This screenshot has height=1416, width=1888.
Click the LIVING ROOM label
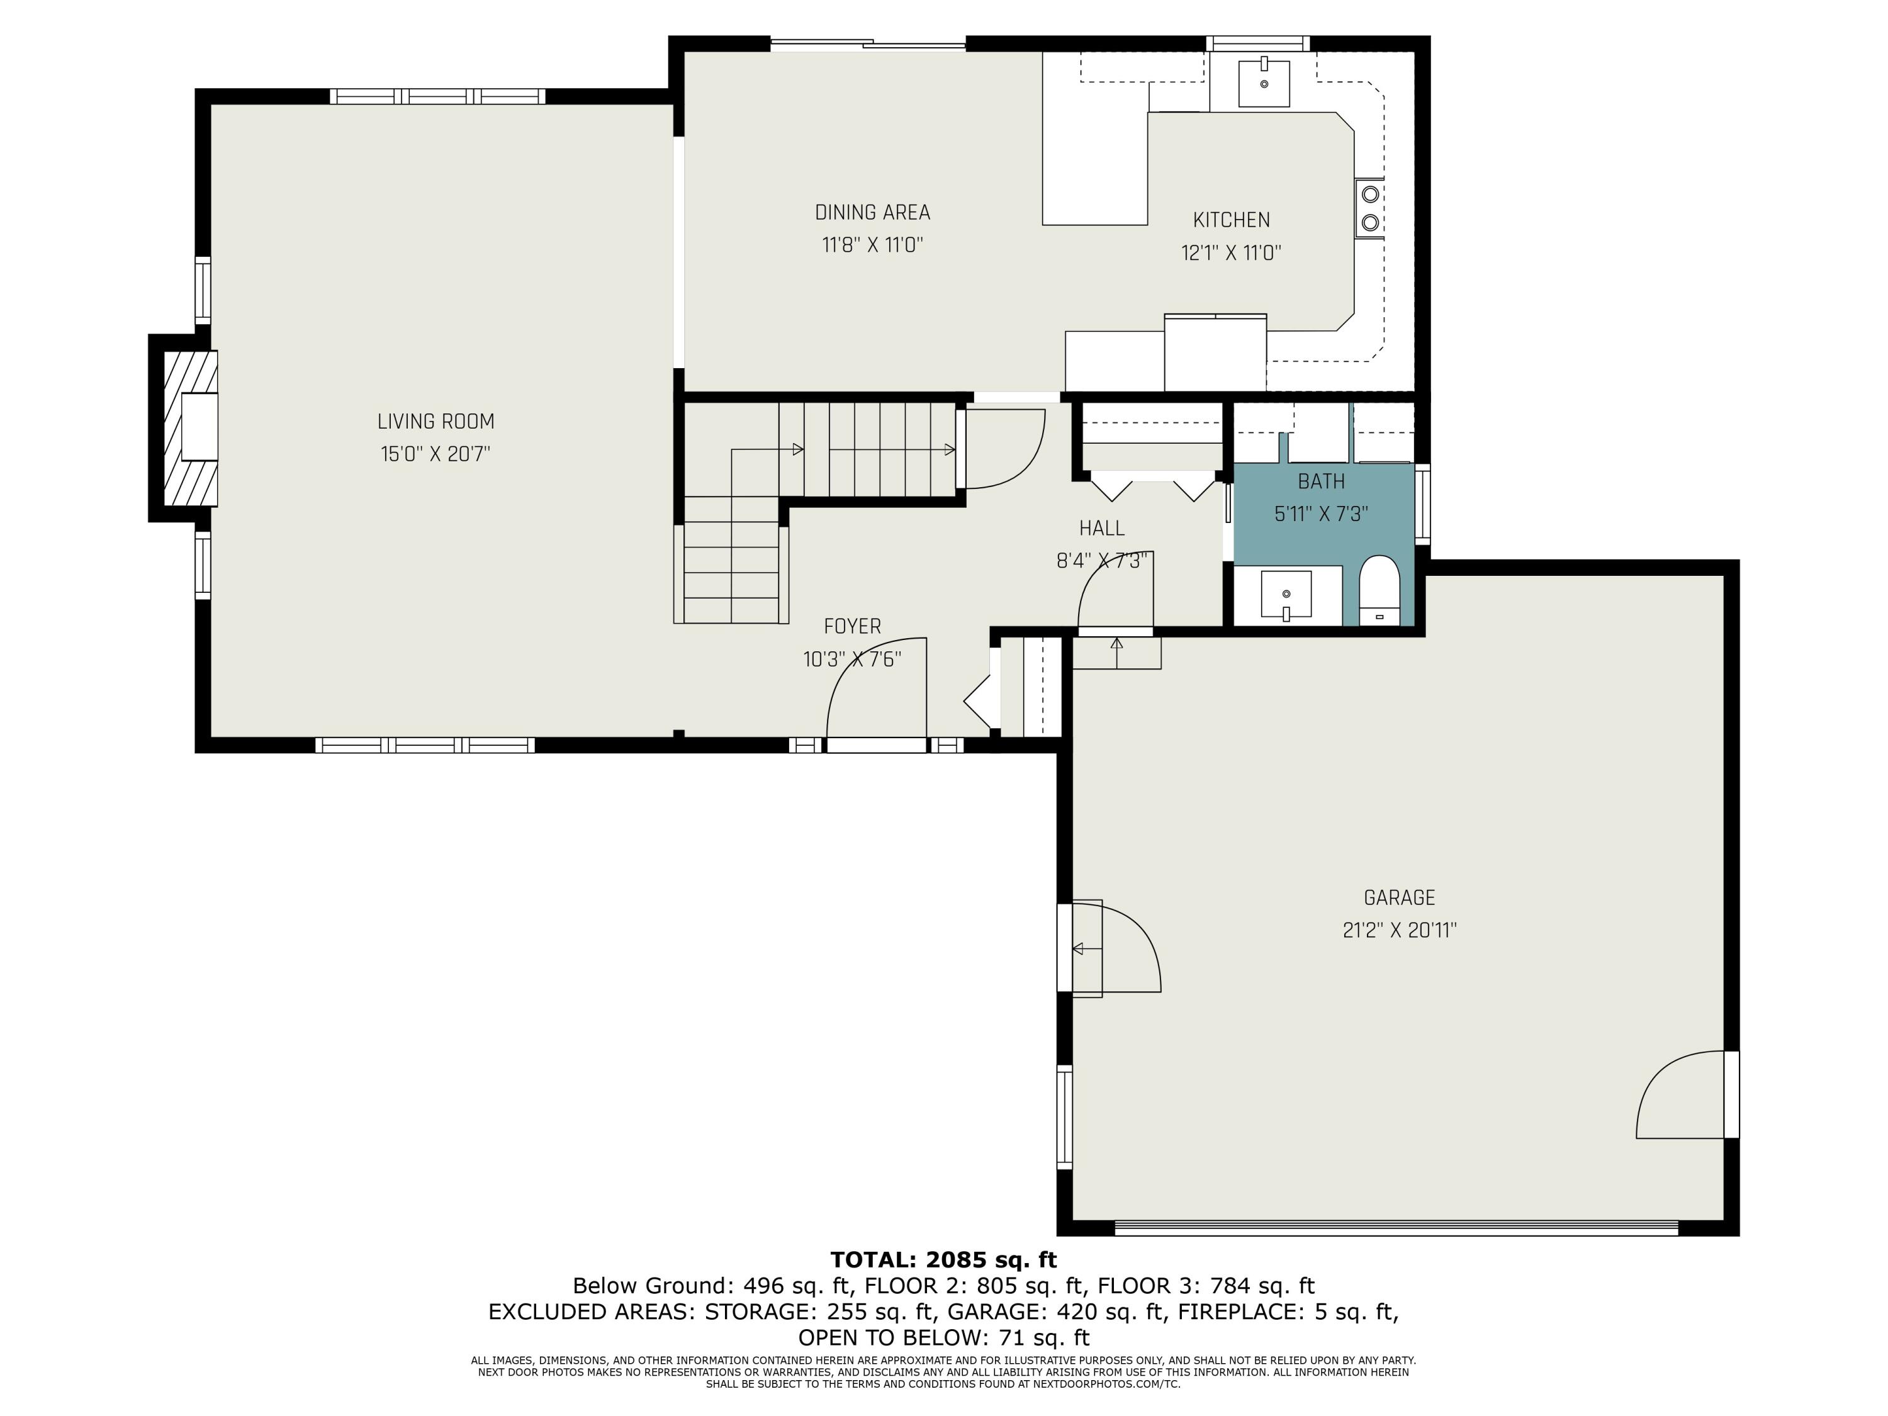click(435, 422)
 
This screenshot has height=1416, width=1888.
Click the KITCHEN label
click(1231, 220)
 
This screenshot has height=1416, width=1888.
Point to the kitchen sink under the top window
click(1263, 83)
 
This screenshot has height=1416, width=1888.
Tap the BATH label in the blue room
click(1320, 481)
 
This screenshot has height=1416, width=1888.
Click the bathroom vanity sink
click(1286, 593)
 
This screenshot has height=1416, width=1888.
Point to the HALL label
click(1101, 529)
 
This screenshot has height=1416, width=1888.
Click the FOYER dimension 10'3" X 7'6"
click(852, 660)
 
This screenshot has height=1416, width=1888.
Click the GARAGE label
click(1399, 898)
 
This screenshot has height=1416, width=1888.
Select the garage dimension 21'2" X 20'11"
click(1399, 930)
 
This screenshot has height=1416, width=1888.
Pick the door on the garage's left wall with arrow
click(1110, 947)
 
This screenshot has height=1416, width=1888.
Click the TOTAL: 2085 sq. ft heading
click(943, 1260)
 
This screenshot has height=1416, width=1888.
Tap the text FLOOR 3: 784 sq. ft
click(1205, 1285)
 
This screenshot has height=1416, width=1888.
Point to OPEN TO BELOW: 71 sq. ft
click(943, 1337)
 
